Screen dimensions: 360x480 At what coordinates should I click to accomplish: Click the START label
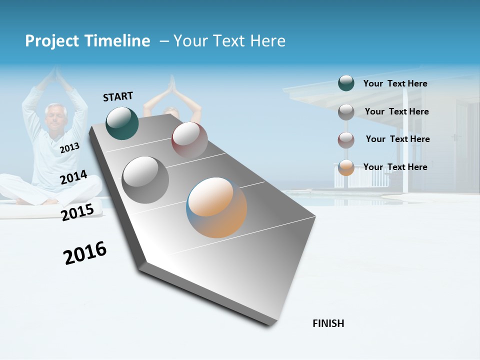tap(118, 96)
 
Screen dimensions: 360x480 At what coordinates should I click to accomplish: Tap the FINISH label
tap(328, 323)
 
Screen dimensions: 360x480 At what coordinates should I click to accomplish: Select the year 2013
tap(69, 148)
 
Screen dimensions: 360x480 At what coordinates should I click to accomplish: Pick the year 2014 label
tap(73, 177)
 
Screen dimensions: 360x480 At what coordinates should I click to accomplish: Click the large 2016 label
tap(85, 252)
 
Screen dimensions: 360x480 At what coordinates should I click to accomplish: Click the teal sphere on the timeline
tap(122, 123)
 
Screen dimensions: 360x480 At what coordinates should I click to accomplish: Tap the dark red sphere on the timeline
tap(189, 139)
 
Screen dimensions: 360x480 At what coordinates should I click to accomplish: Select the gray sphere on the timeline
tap(145, 179)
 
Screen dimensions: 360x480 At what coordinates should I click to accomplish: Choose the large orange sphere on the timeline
tap(216, 207)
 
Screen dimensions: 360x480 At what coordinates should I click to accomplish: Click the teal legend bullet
tap(346, 83)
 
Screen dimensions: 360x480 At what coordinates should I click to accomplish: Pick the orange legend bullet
tap(346, 167)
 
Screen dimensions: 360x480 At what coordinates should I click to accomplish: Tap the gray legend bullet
tap(346, 111)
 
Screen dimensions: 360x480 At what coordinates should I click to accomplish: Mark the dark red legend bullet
tap(346, 139)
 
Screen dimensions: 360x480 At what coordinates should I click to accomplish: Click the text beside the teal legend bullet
tap(395, 83)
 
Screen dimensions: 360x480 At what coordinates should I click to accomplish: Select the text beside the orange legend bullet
tap(395, 167)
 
